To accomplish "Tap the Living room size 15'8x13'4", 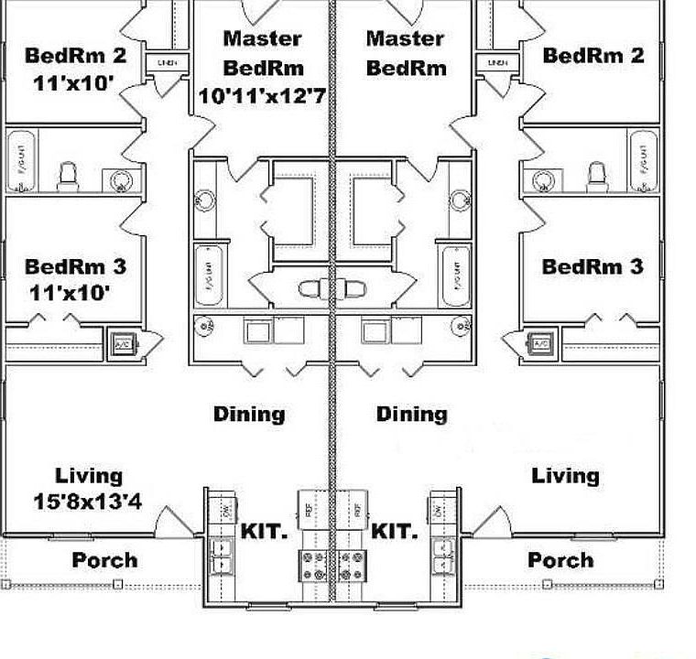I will point(89,501).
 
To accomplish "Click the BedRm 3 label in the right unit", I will point(593,267).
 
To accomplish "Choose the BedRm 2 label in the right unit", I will point(593,55).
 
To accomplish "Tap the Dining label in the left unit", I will point(249,414).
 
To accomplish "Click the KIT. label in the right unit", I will point(395,531).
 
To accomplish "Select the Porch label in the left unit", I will point(104,559).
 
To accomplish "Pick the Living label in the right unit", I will point(566,475).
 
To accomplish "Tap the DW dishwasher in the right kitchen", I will point(438,508).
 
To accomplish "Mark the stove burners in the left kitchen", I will point(311,565).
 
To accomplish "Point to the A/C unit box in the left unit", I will point(122,344).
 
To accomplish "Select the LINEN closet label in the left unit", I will point(168,63).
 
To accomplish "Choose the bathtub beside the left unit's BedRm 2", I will point(21,159).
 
